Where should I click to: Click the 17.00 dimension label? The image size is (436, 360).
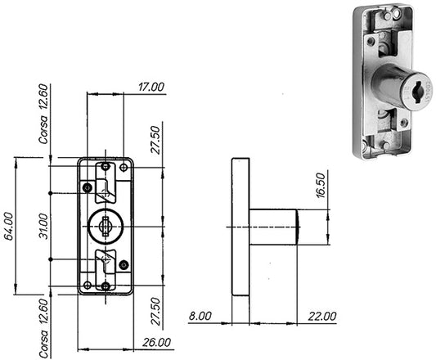tap(151, 87)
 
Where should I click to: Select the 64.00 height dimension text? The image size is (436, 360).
tap(9, 226)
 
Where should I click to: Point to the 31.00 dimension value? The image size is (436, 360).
tap(43, 226)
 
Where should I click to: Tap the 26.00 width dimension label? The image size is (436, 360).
tap(156, 343)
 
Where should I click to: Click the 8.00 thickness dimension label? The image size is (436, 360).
tap(200, 316)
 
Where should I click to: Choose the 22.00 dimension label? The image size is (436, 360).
tap(322, 316)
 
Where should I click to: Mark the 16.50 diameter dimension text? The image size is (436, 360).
tap(321, 185)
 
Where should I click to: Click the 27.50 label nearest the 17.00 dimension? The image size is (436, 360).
tap(155, 140)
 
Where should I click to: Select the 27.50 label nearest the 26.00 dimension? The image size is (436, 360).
tap(155, 311)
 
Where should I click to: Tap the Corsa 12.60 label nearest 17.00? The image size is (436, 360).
tap(43, 114)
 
